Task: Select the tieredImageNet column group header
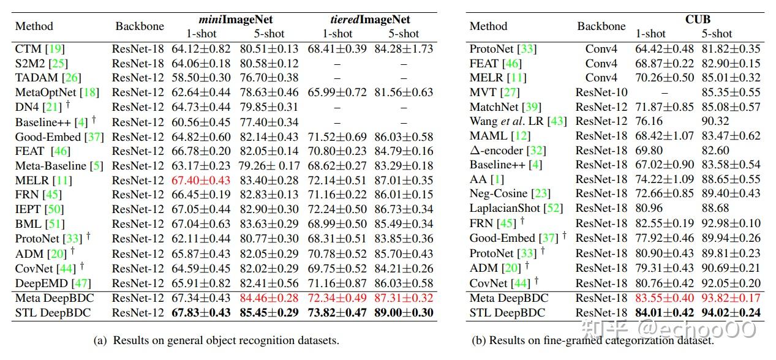pos(366,20)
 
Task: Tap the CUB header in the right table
pos(698,19)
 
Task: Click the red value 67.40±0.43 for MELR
pos(202,180)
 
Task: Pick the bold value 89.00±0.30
pos(402,313)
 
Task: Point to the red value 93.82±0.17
pos(731,298)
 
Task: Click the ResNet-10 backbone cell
pos(601,92)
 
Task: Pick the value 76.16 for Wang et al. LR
pos(649,121)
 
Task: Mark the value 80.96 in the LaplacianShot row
pos(649,208)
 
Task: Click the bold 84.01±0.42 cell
pos(665,313)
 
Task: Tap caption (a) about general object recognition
pos(217,340)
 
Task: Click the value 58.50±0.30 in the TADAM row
pos(202,78)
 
